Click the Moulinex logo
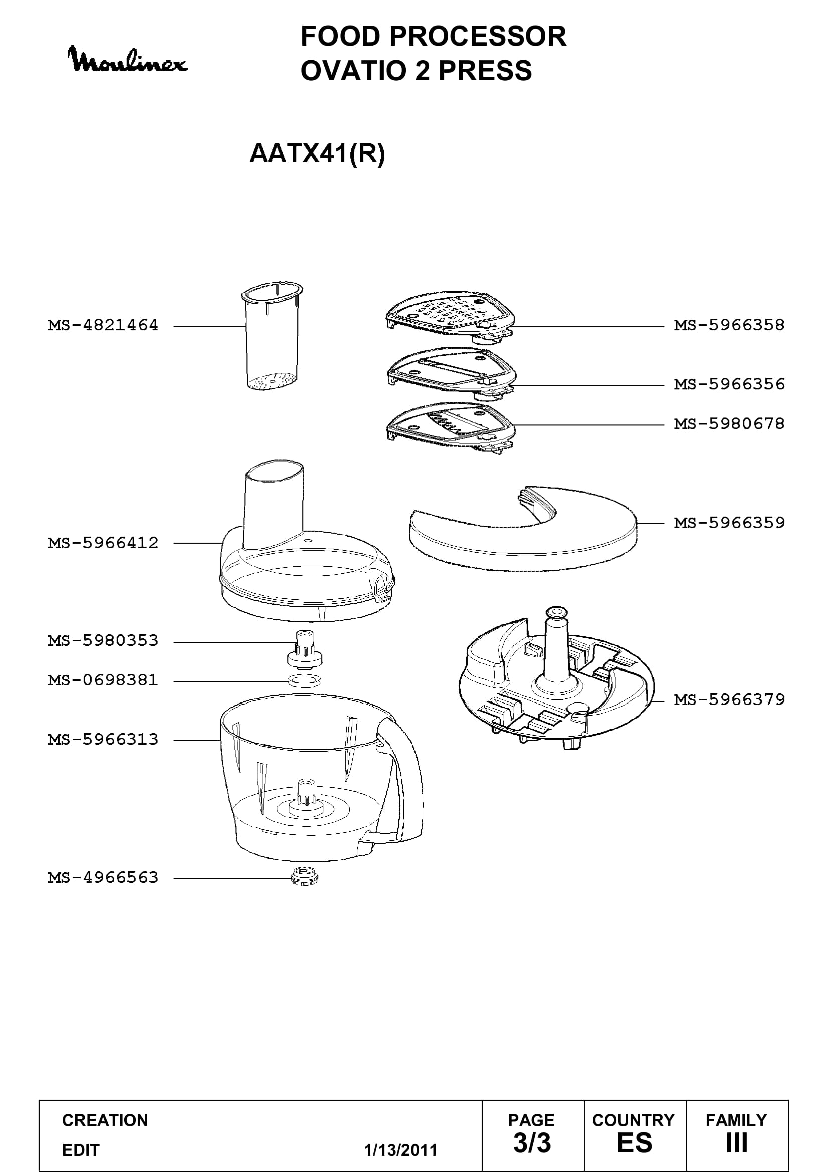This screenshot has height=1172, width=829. tap(128, 60)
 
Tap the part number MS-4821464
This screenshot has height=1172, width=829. tap(103, 325)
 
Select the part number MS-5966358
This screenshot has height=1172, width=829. tap(729, 325)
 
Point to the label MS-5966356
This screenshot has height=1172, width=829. tap(729, 384)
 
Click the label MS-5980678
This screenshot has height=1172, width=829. tap(729, 424)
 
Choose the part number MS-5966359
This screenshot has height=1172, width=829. tap(729, 523)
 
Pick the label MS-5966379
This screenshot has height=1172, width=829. tap(729, 700)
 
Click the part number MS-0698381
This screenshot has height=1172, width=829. tap(103, 680)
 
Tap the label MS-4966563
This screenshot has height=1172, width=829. tap(103, 878)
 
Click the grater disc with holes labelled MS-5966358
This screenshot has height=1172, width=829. tap(450, 316)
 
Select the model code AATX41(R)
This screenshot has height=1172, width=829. tap(317, 153)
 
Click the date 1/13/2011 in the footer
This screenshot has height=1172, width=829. tap(401, 1150)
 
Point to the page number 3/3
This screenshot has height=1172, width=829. tap(532, 1143)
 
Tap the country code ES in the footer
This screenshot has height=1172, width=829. tap(635, 1143)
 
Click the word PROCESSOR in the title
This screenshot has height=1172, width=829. tap(478, 36)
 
